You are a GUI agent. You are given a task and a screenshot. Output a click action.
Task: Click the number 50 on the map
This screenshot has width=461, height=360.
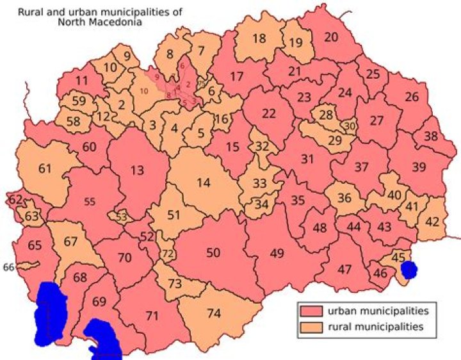point(213,252)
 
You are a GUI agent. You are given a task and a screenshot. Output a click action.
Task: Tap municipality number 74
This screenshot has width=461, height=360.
point(214,313)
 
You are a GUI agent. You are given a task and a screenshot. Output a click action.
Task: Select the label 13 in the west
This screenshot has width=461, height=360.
point(137,170)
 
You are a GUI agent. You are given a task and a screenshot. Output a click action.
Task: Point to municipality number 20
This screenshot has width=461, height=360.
point(330,37)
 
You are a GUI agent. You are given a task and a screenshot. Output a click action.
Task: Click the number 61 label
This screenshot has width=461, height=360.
point(45,169)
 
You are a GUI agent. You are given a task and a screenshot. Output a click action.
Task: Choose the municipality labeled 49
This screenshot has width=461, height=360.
point(277,253)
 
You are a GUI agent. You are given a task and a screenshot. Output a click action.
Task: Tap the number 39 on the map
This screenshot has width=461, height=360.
point(419,167)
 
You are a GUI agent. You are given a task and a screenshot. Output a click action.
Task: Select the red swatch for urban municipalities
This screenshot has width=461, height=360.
point(311,311)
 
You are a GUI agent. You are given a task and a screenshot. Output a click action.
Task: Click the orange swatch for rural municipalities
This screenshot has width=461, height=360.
point(311,327)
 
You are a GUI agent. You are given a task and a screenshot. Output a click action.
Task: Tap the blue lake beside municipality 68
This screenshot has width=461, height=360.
point(50,314)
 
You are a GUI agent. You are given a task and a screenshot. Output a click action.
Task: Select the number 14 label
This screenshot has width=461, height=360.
point(203,183)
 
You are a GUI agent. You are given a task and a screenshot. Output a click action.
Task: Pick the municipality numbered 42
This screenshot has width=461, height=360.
point(433,222)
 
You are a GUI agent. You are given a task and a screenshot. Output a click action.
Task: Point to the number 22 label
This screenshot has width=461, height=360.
point(269,113)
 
